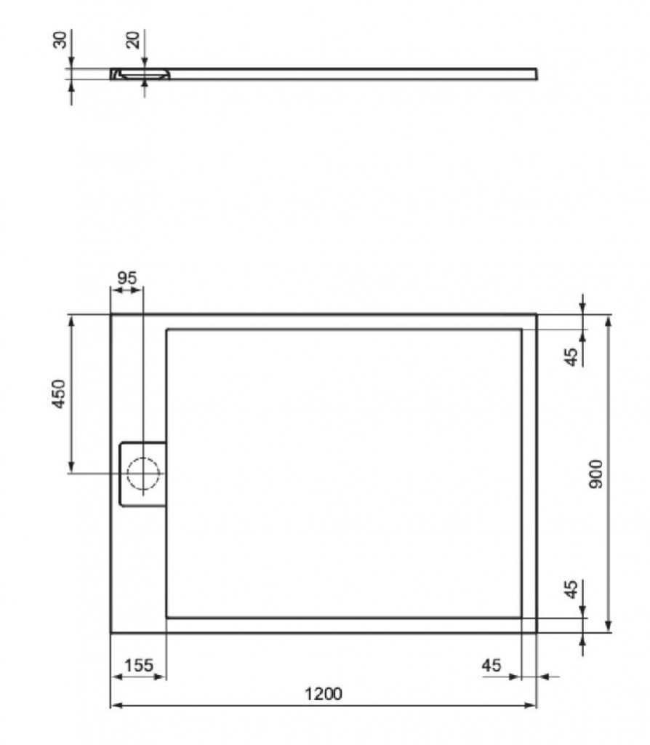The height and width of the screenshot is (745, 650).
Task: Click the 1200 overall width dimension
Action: tap(323, 694)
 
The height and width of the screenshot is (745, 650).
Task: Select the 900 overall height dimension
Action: tap(595, 474)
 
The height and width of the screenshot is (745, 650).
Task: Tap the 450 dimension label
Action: tap(59, 394)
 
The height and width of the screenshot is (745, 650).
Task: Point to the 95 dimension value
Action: tap(127, 278)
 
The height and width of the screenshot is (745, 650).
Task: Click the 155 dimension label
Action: tap(139, 665)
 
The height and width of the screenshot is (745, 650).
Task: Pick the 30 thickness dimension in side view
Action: tap(60, 40)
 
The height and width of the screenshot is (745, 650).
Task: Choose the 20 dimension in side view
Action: tap(134, 40)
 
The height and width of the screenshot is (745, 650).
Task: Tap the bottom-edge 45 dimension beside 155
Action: tap(491, 665)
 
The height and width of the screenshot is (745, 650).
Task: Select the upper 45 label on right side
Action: tap(573, 356)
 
